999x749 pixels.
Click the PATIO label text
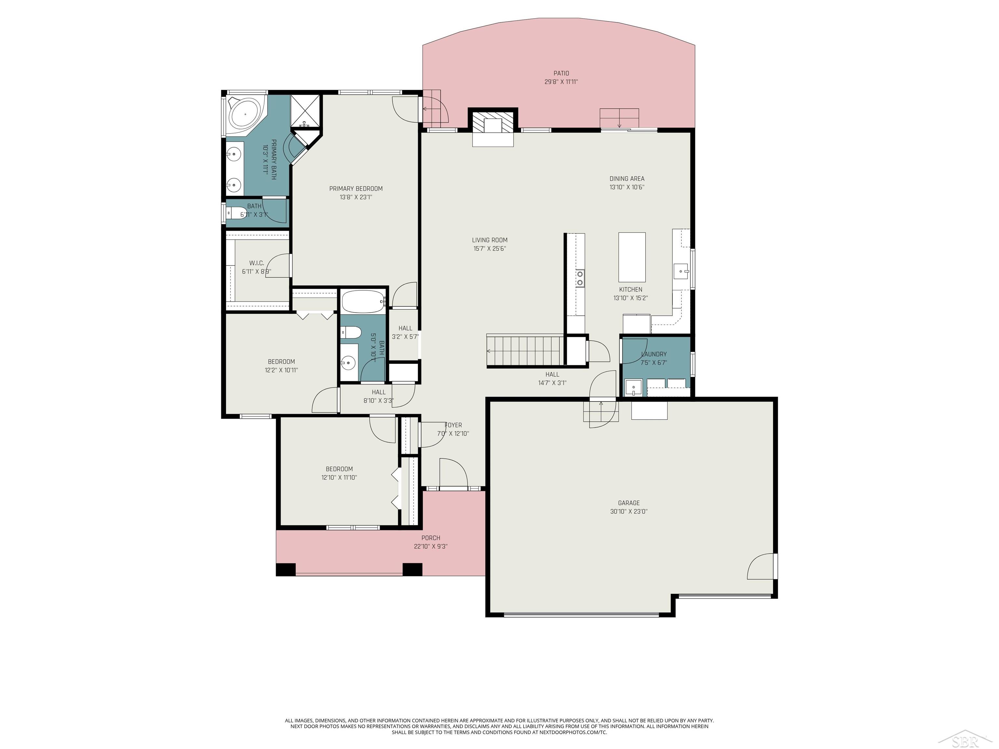[561, 73]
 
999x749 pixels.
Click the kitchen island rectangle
[632, 257]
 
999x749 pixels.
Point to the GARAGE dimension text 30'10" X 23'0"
[629, 511]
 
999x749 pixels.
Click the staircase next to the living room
[525, 351]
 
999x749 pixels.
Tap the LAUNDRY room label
[654, 354]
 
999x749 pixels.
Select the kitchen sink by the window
[680, 271]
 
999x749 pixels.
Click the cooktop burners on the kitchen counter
[579, 278]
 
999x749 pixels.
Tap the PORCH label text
[431, 538]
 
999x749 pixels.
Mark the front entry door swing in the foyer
[453, 473]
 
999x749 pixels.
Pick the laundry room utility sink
[633, 387]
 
